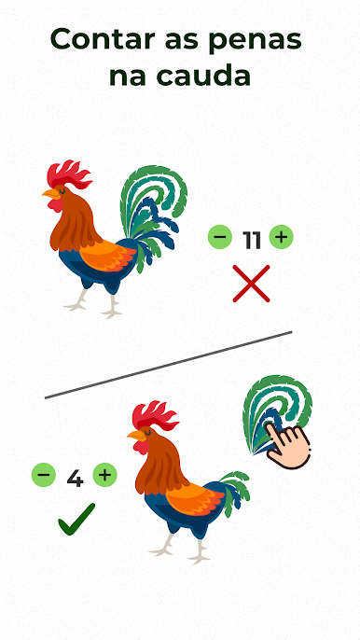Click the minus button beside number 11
219,237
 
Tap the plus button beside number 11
282,237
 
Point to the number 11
251,241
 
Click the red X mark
252,284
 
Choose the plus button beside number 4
104,475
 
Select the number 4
75,479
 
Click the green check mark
76,520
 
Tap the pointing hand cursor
286,446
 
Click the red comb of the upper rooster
68,174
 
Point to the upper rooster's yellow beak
51,193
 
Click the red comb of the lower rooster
155,415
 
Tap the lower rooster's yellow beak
137,435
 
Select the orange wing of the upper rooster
107,256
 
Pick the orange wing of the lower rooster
194,499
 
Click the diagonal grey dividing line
169,365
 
